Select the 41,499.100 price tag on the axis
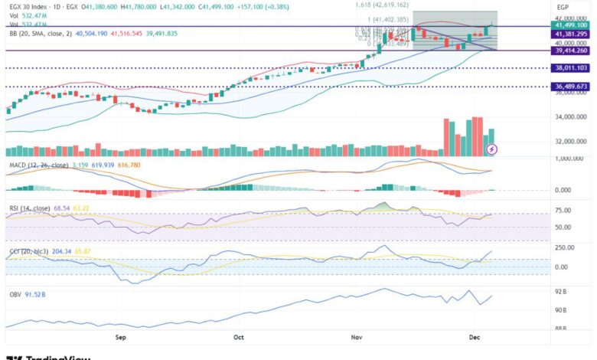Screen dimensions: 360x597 tap(571, 25)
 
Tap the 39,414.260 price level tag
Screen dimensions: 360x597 tap(571, 51)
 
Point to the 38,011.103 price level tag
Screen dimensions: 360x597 tap(571, 68)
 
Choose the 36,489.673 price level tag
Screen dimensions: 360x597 tap(571, 87)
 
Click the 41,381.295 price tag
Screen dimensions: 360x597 tap(571, 34)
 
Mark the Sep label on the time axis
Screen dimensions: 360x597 tap(120, 336)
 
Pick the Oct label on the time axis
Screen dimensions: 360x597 tap(238, 336)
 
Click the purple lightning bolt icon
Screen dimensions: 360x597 tap(492, 148)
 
